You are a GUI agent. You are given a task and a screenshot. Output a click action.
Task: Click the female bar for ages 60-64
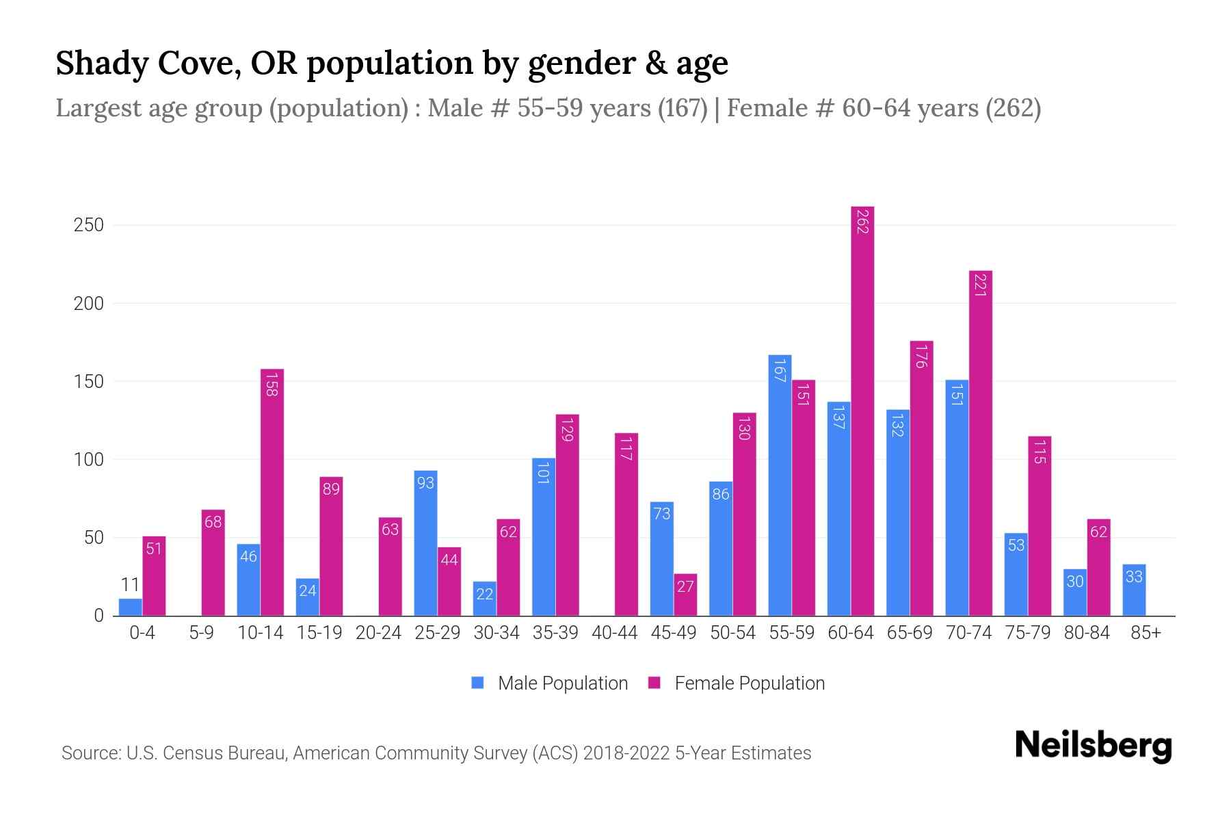click(862, 410)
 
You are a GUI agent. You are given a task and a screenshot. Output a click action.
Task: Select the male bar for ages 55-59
click(780, 486)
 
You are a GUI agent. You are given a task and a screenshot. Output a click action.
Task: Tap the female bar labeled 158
click(272, 493)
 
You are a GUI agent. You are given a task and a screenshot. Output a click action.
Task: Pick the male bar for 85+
click(1134, 590)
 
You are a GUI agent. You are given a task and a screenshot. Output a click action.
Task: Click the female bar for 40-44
click(626, 524)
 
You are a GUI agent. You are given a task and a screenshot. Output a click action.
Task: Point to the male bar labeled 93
click(425, 543)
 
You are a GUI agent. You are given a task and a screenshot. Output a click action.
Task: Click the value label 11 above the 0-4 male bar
click(130, 585)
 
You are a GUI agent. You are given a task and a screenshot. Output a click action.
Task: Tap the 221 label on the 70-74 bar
click(979, 285)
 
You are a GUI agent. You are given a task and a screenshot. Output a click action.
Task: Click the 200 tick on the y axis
click(89, 304)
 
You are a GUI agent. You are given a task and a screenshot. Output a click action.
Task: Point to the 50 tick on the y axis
click(94, 538)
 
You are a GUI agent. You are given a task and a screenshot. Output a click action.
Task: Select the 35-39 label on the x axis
click(555, 633)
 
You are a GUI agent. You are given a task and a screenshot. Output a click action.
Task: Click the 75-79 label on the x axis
click(1027, 633)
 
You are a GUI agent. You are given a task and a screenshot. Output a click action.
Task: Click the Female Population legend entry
click(737, 683)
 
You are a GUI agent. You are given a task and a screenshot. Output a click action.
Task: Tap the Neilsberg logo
click(1093, 746)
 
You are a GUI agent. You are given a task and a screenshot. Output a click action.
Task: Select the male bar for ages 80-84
click(1075, 592)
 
